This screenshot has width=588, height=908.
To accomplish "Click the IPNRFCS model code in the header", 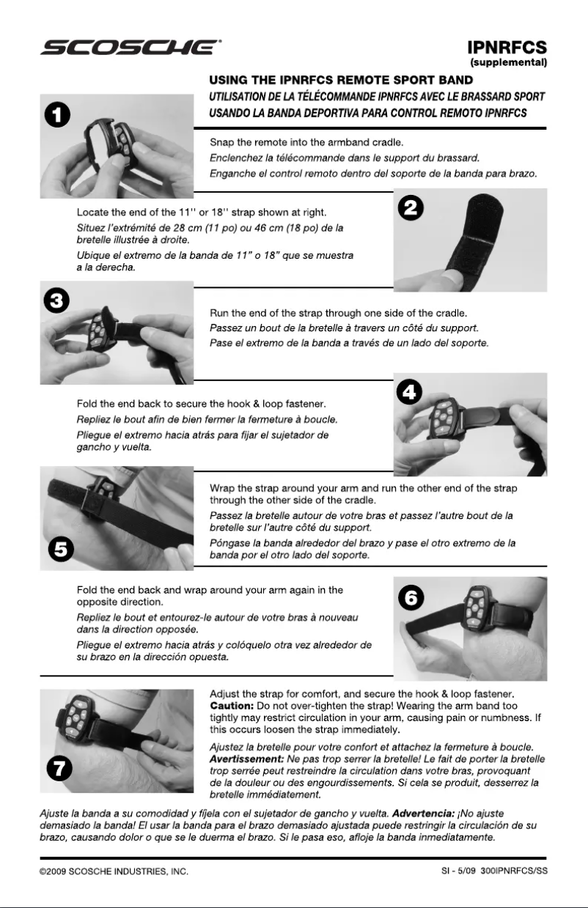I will (x=507, y=48).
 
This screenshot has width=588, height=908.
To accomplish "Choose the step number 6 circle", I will (x=413, y=597).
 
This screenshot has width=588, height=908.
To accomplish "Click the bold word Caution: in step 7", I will (x=232, y=705).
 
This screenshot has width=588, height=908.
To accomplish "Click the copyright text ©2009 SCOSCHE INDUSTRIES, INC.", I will (x=115, y=872).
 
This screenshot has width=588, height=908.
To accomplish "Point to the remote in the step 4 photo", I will (x=442, y=418).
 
